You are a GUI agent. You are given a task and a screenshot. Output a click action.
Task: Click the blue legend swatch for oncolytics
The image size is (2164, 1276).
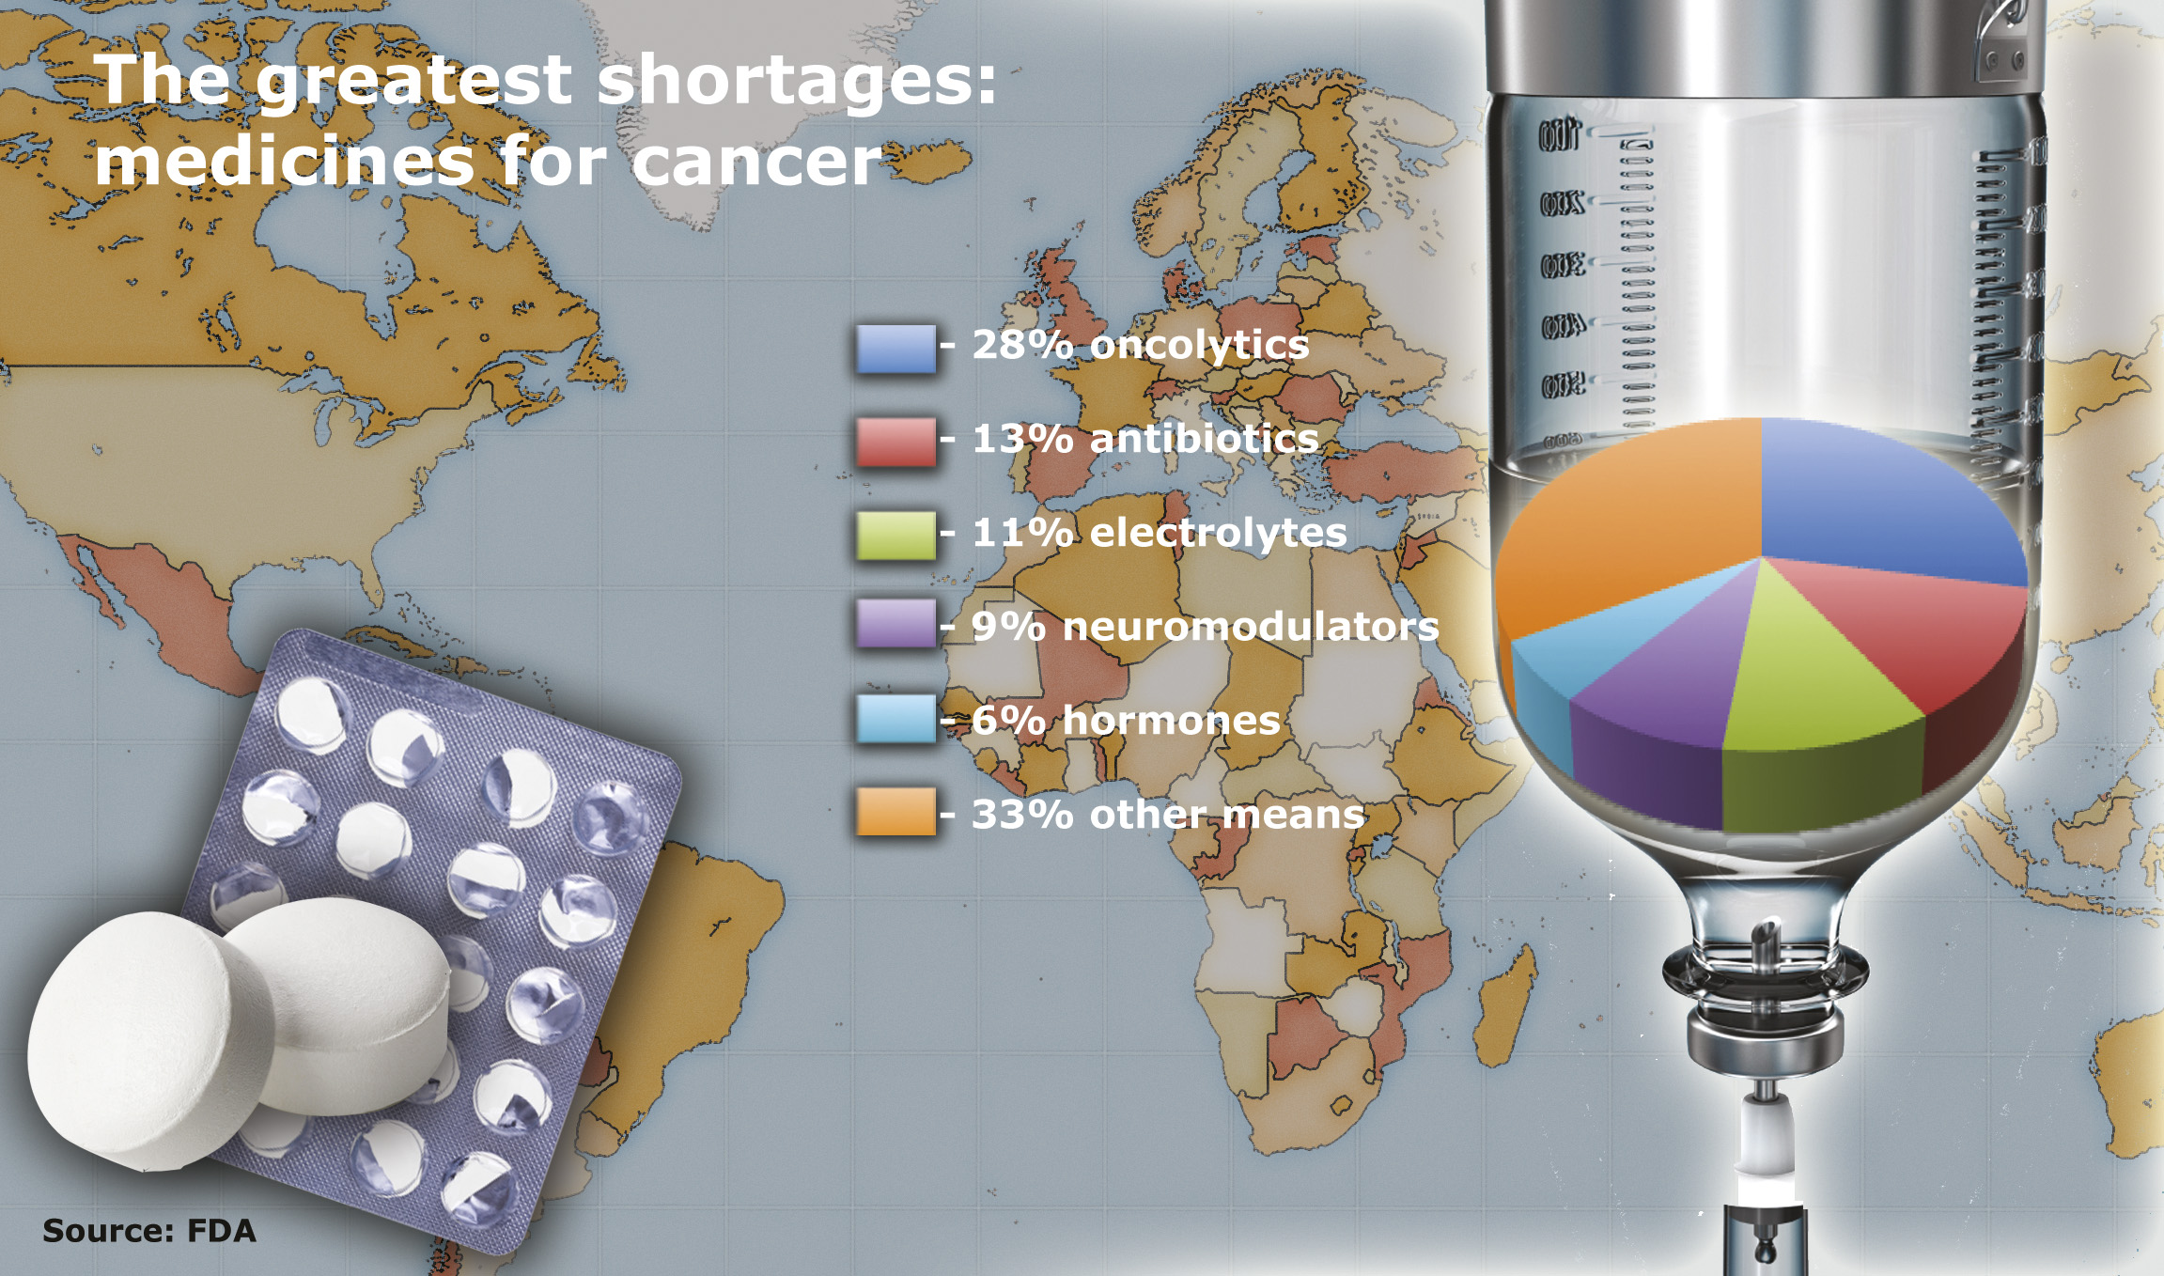(895, 349)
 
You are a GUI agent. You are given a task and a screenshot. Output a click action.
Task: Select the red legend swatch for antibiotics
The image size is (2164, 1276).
(895, 442)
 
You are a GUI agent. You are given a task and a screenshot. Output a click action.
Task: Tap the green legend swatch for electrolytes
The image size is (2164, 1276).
(895, 536)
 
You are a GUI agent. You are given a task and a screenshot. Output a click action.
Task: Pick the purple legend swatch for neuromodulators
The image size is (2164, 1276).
(895, 623)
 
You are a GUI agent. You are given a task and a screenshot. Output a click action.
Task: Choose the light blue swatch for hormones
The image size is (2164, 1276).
(895, 719)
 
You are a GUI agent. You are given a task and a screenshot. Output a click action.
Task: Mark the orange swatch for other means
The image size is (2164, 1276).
(895, 811)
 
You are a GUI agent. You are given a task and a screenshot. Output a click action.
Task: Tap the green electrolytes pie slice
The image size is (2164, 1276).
(1814, 695)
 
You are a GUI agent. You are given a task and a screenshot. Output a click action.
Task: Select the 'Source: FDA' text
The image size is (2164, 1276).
(148, 1231)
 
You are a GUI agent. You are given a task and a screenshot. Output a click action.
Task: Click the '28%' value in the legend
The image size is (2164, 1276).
(1022, 345)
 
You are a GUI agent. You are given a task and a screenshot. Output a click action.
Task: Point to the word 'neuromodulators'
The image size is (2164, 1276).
(1251, 627)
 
